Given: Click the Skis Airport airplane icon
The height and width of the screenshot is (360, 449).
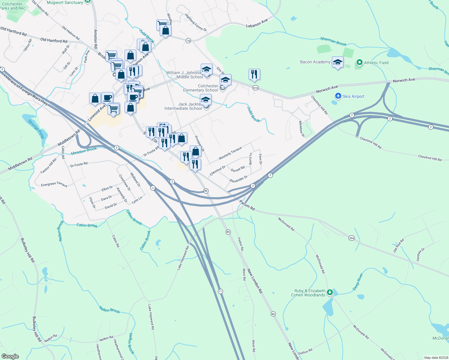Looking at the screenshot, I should pos(338,96).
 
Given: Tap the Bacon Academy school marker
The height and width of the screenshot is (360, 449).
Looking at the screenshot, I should pos(338,62).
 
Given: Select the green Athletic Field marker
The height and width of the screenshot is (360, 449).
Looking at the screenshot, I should pos(359,62).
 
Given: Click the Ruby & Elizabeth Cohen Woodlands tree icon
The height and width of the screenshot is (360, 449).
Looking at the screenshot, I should pos(330,292).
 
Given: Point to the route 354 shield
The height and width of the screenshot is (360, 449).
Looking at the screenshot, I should pos(351,238).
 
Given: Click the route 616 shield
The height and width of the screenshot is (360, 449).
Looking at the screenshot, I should pos(255,88).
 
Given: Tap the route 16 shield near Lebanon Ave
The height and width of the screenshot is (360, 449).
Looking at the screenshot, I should pos(188,40).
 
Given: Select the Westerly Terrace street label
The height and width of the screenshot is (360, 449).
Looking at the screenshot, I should pos(230,153).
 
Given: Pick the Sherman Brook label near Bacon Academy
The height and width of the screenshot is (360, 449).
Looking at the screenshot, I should pos(333,41).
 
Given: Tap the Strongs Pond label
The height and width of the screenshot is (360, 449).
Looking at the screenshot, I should pos(36,129).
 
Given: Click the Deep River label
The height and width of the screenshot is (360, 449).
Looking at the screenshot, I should pos(358,282).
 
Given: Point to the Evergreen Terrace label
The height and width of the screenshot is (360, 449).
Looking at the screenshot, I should pos(54,184).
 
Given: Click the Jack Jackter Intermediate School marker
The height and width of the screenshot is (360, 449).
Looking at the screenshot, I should pos(206,100).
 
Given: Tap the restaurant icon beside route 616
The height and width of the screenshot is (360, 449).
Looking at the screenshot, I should pos(254,74).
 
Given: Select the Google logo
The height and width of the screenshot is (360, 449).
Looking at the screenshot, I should pos(10,356).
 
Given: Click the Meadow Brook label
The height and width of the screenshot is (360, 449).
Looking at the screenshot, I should pos(84,151).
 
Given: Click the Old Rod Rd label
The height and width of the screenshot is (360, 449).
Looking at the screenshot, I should pos(399,245).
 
